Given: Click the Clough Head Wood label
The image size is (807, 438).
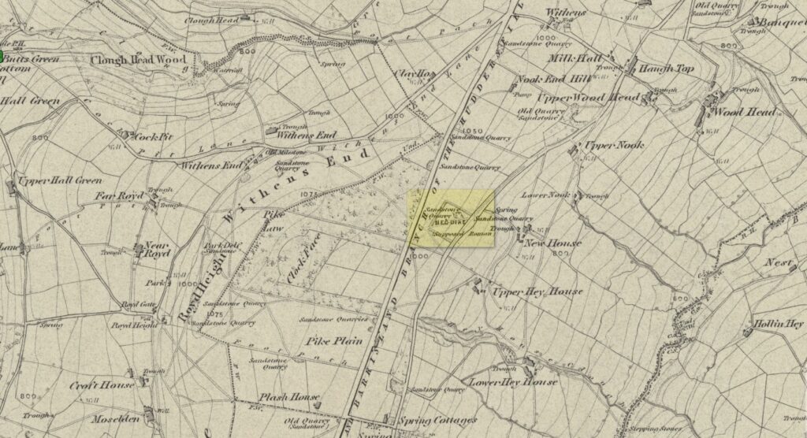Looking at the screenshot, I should tap(138, 60).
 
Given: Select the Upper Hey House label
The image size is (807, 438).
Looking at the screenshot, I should tap(537, 291).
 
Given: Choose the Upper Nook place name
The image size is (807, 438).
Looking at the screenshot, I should tap(614, 146).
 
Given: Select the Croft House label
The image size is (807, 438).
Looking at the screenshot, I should tap(102, 386).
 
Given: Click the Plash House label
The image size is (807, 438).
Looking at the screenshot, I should tap(292, 397).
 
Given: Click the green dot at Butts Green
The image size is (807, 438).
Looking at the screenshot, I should tap(2, 57).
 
